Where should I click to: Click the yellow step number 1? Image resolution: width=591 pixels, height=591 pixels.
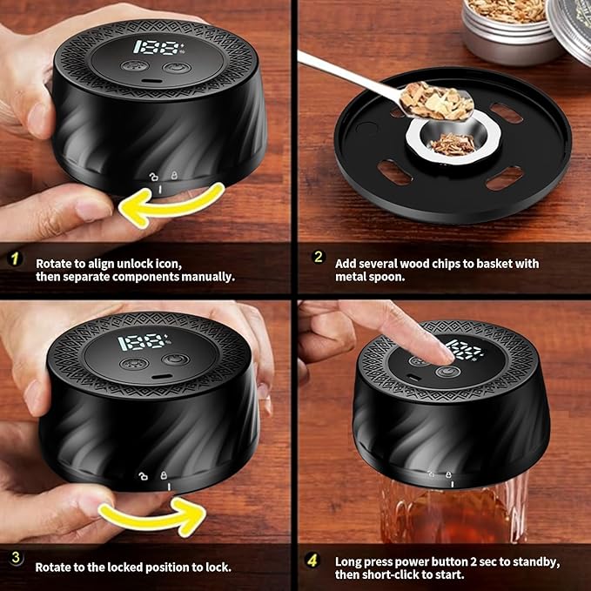click(x=15, y=259)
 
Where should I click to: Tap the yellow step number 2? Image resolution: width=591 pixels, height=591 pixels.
click(x=319, y=257)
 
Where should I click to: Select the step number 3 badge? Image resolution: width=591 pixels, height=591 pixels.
click(x=16, y=557)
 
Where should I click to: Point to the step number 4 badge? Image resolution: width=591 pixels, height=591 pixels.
click(x=312, y=561)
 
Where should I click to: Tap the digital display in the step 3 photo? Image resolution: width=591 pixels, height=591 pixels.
click(x=144, y=342)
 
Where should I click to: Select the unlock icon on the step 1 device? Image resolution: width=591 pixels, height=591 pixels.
click(x=153, y=177)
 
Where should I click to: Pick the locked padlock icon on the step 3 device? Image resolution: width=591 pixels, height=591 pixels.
click(x=164, y=475)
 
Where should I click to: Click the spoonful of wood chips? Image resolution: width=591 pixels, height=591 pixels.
click(x=436, y=101)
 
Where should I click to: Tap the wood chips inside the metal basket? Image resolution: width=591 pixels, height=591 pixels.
click(x=453, y=144)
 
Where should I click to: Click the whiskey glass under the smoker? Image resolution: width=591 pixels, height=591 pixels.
click(x=454, y=509)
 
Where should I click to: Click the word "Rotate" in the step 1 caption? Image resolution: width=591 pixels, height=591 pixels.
click(x=54, y=264)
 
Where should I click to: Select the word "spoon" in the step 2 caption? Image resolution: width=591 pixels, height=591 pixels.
click(x=387, y=277)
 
